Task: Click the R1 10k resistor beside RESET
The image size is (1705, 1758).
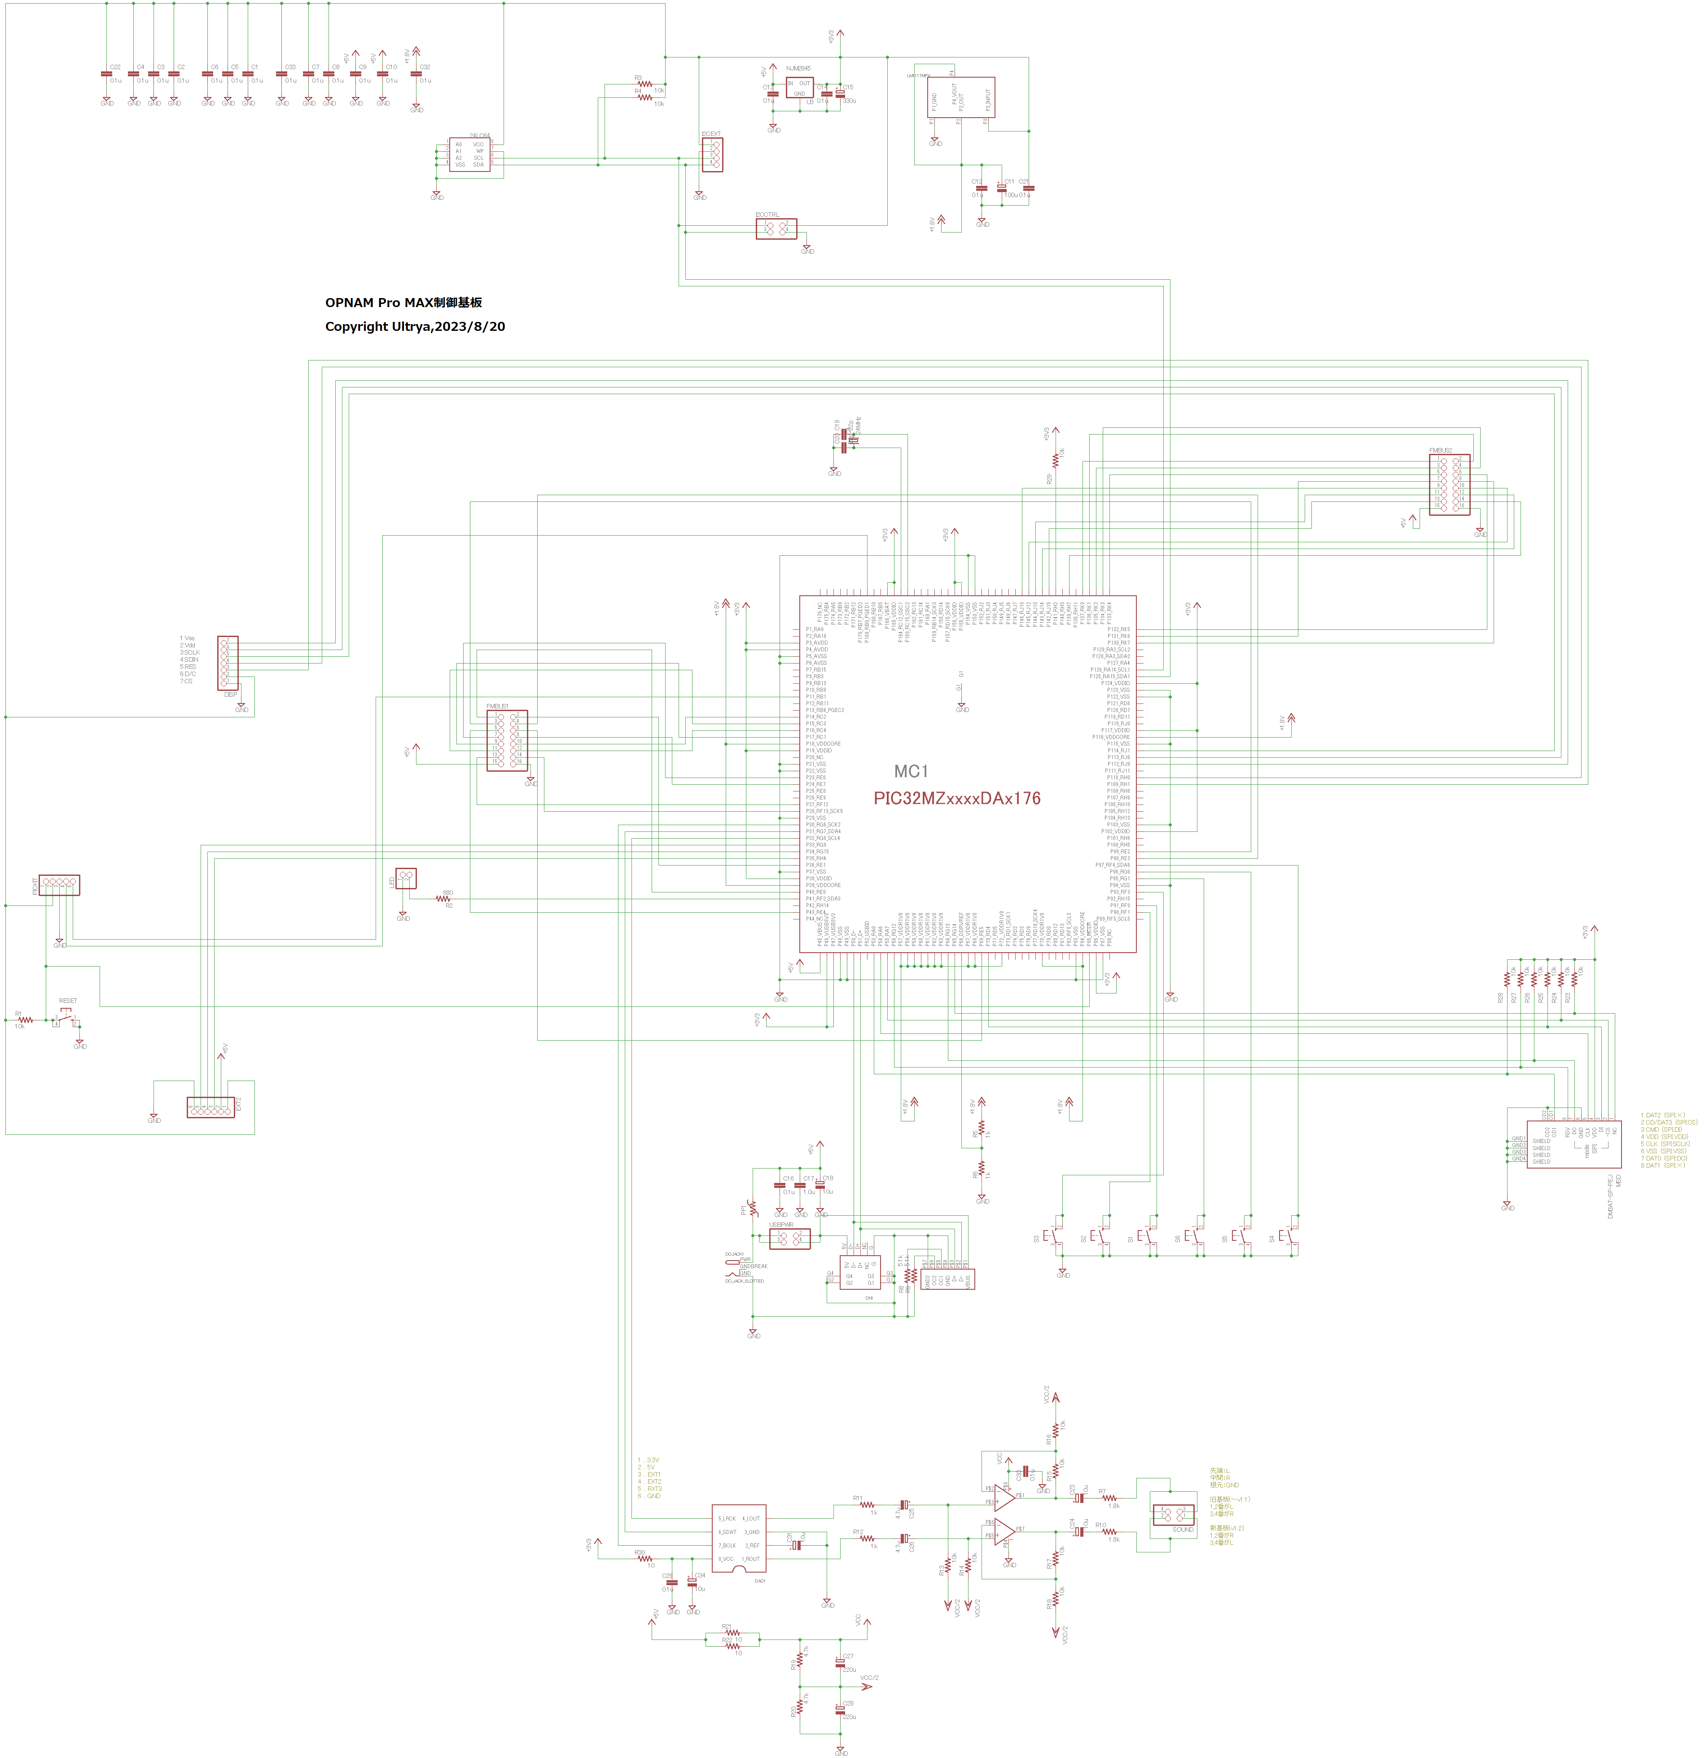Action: [x=25, y=1020]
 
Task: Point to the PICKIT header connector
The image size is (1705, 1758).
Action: [x=59, y=885]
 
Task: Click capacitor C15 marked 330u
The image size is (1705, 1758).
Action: [x=841, y=93]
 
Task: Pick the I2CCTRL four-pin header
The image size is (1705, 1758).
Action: [x=776, y=229]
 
